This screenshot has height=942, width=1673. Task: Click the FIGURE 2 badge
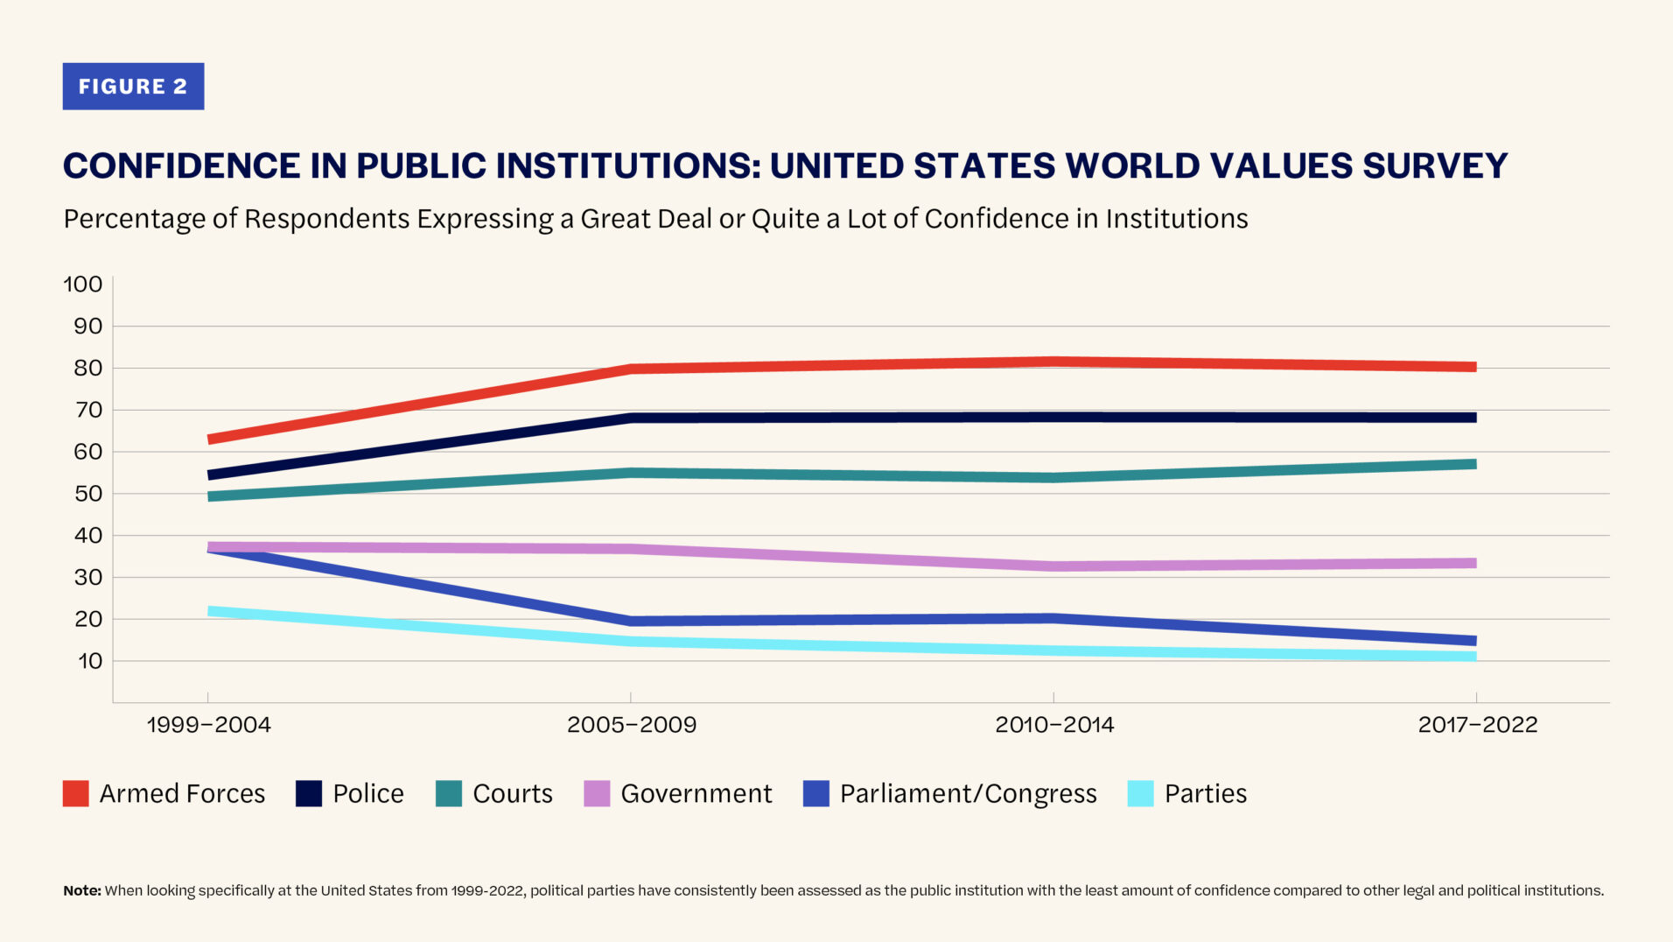pyautogui.click(x=133, y=86)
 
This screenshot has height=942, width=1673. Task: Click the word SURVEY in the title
pyautogui.click(x=1435, y=165)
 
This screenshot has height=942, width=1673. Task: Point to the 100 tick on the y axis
pyautogui.click(x=83, y=285)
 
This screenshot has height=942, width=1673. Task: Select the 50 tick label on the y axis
pyautogui.click(x=87, y=494)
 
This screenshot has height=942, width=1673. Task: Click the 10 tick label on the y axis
pyautogui.click(x=90, y=661)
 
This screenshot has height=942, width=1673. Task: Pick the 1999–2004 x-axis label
pyautogui.click(x=208, y=725)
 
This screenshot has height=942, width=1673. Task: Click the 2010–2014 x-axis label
pyautogui.click(x=1053, y=725)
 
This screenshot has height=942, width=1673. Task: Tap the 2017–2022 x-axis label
pyautogui.click(x=1477, y=725)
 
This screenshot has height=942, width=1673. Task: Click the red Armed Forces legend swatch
pyautogui.click(x=76, y=793)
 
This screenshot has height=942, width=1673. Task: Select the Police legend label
pyautogui.click(x=367, y=793)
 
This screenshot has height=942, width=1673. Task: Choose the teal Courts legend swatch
pyautogui.click(x=449, y=793)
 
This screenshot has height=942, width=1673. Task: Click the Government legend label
pyautogui.click(x=696, y=793)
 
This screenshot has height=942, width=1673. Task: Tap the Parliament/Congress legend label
pyautogui.click(x=968, y=793)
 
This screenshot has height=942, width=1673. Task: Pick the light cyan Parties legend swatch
pyautogui.click(x=1140, y=793)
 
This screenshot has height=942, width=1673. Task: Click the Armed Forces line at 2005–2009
pyautogui.click(x=631, y=369)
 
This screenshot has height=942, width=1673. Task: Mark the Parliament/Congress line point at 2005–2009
pyautogui.click(x=631, y=621)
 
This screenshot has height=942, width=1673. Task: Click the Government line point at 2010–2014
pyautogui.click(x=1053, y=566)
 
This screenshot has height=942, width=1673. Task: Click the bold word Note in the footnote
pyautogui.click(x=81, y=890)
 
